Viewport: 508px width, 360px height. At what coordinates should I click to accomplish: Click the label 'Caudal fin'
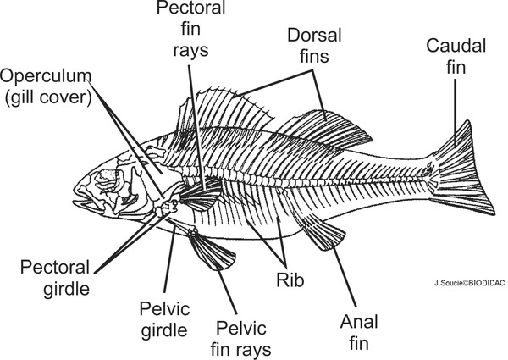point(456,57)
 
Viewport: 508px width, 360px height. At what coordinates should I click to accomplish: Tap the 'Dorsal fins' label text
point(314,46)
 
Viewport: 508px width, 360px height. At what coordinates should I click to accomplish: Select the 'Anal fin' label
point(359,332)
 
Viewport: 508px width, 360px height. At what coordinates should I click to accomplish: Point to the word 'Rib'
point(290,280)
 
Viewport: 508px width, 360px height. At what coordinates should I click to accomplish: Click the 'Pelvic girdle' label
point(164,319)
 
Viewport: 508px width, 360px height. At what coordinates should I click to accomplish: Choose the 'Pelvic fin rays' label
point(240,339)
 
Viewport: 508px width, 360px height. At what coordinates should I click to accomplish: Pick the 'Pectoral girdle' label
point(55,278)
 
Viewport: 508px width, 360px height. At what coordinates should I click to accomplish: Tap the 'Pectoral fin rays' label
point(190,29)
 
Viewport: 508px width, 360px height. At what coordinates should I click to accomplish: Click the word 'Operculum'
point(46,76)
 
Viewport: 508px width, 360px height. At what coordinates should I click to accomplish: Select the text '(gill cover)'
point(48,97)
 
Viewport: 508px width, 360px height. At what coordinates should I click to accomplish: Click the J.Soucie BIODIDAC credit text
point(469,283)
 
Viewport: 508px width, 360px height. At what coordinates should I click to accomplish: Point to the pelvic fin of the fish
point(211,251)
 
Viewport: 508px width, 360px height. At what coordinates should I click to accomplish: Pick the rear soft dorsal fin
point(324,130)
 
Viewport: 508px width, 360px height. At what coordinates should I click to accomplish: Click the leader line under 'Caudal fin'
point(456,113)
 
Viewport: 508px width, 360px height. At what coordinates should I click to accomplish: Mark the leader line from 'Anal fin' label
point(345,276)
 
